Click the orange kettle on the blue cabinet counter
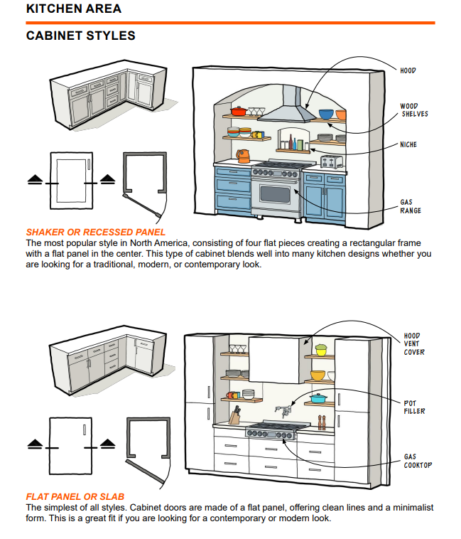tap(243, 156)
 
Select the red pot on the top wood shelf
tap(238, 111)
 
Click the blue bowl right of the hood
tap(326, 114)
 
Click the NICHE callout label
tap(408, 145)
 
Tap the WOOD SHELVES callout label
tap(414, 110)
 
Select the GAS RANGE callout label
tap(411, 206)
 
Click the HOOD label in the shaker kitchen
tap(408, 71)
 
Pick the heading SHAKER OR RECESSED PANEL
tap(96, 233)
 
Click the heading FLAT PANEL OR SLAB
tap(75, 496)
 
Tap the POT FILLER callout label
tap(415, 407)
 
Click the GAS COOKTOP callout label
tap(418, 461)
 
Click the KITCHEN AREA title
tap(74, 9)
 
